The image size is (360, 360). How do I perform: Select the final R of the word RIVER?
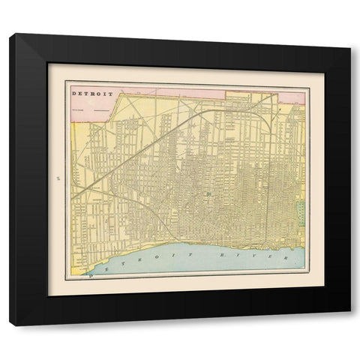286,256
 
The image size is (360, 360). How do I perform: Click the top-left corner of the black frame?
10,34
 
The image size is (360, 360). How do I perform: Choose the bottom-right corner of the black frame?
349,325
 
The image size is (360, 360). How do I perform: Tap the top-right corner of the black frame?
349,34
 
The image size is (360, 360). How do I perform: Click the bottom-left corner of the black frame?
10,325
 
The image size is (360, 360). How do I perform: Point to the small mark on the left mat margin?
58,178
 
